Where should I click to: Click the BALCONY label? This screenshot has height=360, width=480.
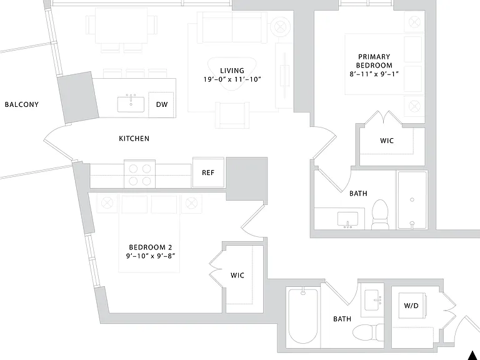pyautogui.click(x=22, y=104)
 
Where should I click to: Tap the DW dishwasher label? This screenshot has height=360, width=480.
pyautogui.click(x=162, y=104)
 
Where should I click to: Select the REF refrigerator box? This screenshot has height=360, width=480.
pyautogui.click(x=208, y=172)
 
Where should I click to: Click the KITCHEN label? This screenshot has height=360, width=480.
pyautogui.click(x=134, y=138)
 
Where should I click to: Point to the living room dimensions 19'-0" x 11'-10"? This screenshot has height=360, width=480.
pyautogui.click(x=232, y=79)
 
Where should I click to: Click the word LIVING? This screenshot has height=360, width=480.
pyautogui.click(x=232, y=71)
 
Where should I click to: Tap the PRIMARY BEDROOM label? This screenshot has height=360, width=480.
pyautogui.click(x=374, y=61)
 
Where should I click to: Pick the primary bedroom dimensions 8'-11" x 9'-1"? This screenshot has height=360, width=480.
pyautogui.click(x=374, y=74)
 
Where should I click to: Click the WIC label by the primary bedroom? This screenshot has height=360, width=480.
pyautogui.click(x=387, y=141)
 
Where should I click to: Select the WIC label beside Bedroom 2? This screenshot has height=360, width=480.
pyautogui.click(x=237, y=275)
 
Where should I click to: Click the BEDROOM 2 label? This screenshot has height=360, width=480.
pyautogui.click(x=150, y=247)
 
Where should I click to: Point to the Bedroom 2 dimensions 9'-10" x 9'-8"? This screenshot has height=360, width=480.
pyautogui.click(x=151, y=256)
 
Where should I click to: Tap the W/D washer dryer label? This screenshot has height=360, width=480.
pyautogui.click(x=411, y=306)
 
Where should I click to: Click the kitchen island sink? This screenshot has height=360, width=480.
pyautogui.click(x=131, y=104)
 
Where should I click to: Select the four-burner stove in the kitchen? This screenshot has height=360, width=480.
pyautogui.click(x=139, y=174)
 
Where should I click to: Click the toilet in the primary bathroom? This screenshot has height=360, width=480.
pyautogui.click(x=380, y=214)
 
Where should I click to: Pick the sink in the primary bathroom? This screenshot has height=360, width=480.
pyautogui.click(x=347, y=219)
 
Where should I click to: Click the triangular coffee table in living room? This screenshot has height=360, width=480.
pyautogui.click(x=232, y=74)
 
